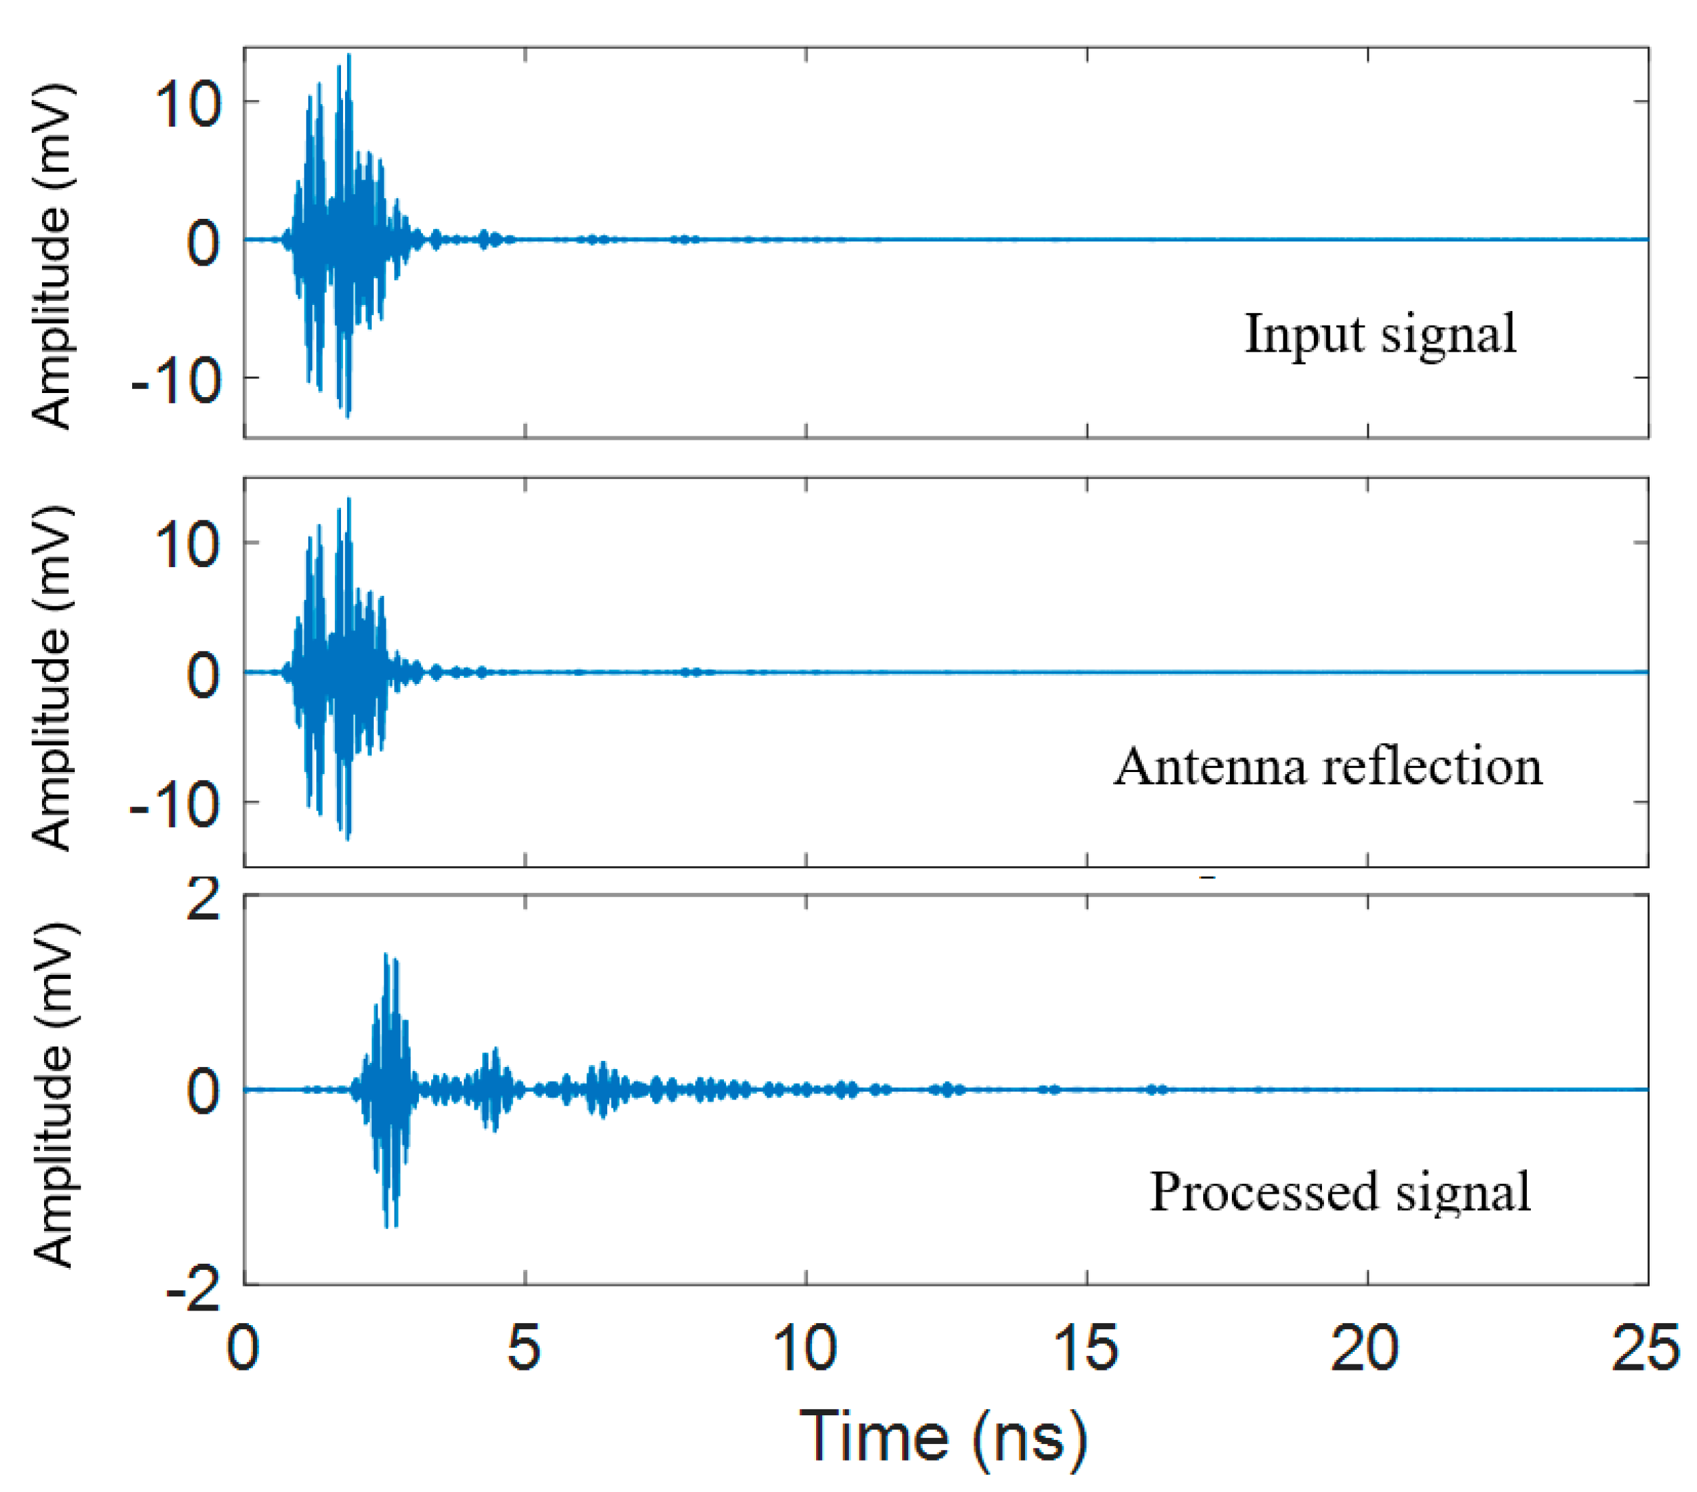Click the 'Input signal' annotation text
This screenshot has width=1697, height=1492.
1380,334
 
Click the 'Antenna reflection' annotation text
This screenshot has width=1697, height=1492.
1327,765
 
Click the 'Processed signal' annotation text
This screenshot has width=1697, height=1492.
1339,1192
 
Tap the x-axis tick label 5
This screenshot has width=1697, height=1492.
524,1347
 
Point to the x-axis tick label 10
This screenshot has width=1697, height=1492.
805,1347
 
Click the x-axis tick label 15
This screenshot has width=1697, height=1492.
1085,1347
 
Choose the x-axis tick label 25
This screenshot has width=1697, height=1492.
1646,1347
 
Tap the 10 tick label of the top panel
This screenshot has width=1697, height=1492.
188,105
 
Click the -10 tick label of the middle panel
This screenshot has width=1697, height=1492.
176,805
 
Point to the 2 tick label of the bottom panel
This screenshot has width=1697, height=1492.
204,899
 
